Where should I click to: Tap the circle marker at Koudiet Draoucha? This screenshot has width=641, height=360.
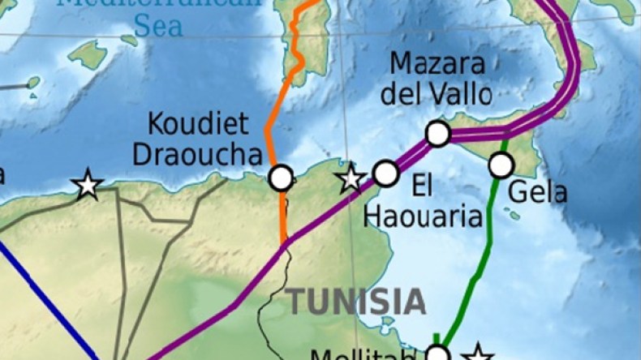(x=281, y=178)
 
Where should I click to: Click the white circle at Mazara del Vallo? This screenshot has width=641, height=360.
(x=437, y=134)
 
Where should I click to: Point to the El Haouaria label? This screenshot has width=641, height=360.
(x=420, y=202)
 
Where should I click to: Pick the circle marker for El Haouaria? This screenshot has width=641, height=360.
(x=385, y=173)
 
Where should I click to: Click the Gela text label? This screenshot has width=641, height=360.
(x=537, y=193)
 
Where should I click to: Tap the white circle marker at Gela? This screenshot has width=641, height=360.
(x=501, y=165)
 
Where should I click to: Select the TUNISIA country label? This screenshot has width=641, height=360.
(x=357, y=302)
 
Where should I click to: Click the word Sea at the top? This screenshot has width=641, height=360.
(x=158, y=26)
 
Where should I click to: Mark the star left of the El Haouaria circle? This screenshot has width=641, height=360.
(x=351, y=178)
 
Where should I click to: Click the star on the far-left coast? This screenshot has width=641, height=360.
(x=87, y=186)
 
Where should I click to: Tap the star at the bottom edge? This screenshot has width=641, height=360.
(x=479, y=354)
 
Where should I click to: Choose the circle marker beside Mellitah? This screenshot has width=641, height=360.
(x=437, y=354)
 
